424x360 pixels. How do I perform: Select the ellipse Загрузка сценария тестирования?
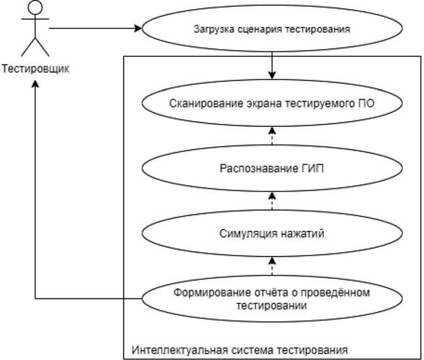pyautogui.click(x=272, y=29)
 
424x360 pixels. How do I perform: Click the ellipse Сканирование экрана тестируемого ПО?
pyautogui.click(x=272, y=103)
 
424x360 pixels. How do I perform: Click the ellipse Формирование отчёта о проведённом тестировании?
pyautogui.click(x=272, y=298)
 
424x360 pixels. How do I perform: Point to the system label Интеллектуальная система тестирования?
pyautogui.click(x=239, y=348)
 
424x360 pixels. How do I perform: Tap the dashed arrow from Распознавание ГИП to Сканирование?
pyautogui.click(x=272, y=135)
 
